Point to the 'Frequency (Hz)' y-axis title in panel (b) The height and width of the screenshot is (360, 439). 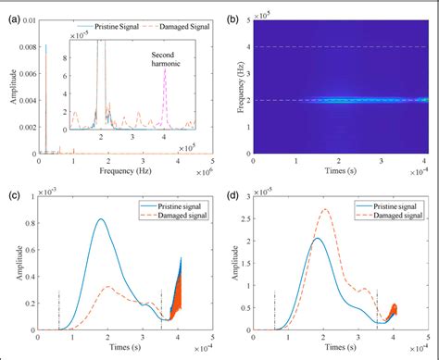(239, 85)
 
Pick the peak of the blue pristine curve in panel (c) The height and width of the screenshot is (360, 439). (102, 218)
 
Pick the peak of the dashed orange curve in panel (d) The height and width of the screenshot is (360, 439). (325, 209)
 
